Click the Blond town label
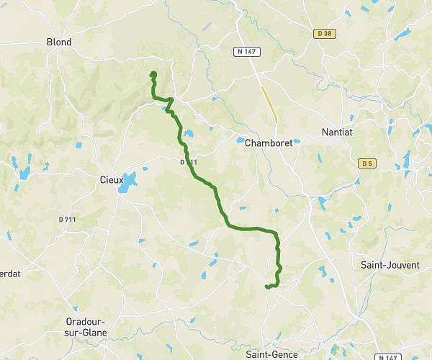[59, 42]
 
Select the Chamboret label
[269, 143]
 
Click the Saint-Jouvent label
[390, 265]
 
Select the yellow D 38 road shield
[326, 33]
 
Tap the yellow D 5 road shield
[367, 163]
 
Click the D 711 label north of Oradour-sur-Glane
[67, 219]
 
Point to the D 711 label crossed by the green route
[189, 163]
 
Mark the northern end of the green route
[153, 73]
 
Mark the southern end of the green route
[266, 287]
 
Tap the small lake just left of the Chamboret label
[240, 141]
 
